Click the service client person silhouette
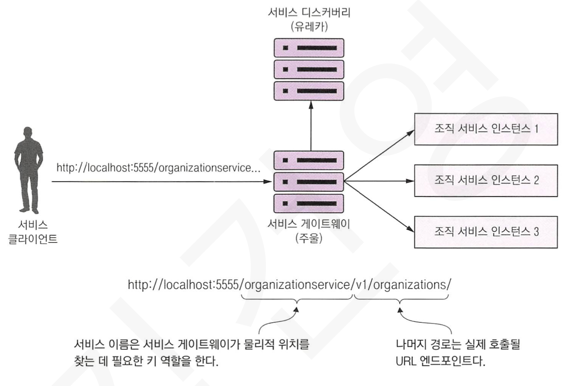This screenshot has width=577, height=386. point(28,170)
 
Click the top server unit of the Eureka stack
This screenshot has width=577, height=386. point(309,48)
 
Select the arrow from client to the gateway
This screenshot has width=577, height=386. point(159,181)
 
